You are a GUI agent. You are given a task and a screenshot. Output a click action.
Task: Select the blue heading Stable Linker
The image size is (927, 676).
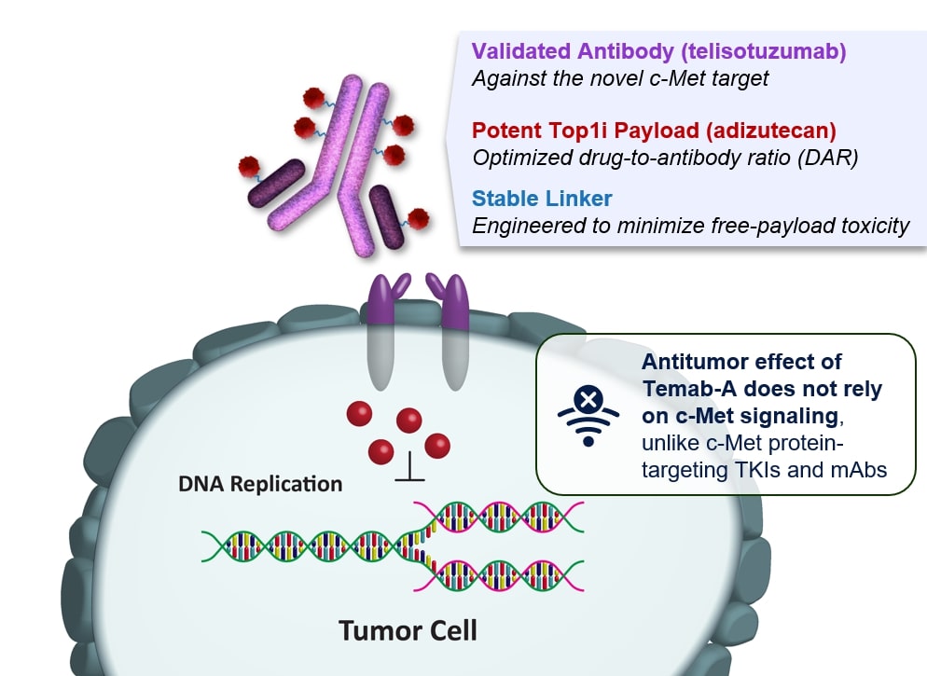pyautogui.click(x=543, y=198)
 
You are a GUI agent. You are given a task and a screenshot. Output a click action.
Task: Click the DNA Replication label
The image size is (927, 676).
pyautogui.click(x=260, y=484)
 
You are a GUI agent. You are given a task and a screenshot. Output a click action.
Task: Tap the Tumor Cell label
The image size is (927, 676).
pyautogui.click(x=408, y=629)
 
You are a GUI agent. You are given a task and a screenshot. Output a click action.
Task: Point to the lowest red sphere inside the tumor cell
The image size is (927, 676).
pyautogui.click(x=380, y=452)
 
